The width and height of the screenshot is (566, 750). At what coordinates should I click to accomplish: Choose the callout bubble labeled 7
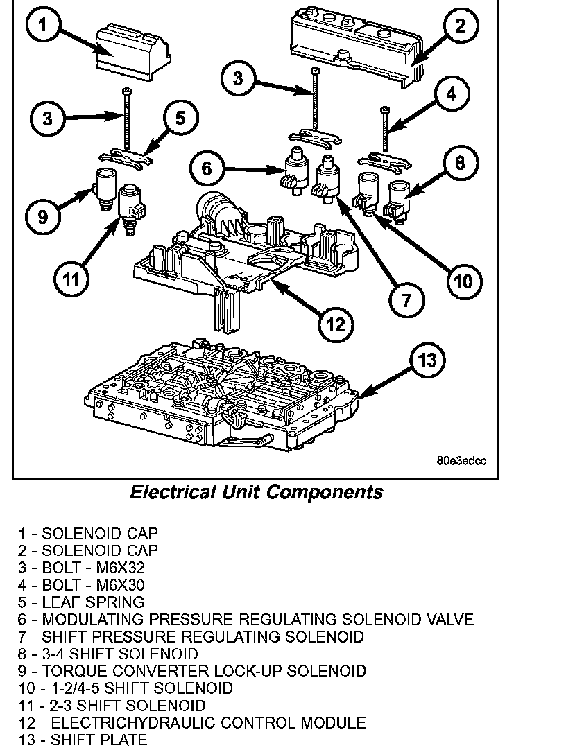coord(405,299)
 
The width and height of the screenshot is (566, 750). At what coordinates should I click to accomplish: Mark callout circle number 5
coord(180,117)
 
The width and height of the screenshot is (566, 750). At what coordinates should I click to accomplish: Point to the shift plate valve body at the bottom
coord(222,399)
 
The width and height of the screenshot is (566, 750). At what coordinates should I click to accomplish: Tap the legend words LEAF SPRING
coord(93,602)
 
